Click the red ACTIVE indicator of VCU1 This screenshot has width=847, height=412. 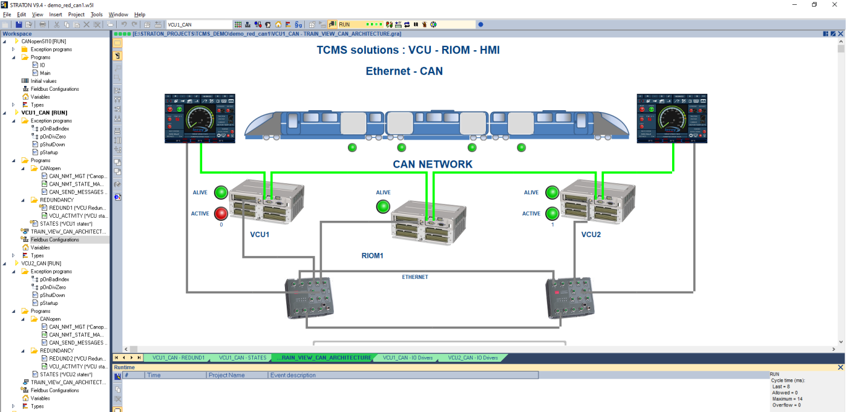(221, 213)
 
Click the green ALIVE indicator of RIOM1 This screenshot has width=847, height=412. (383, 206)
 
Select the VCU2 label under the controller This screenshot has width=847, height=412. (591, 234)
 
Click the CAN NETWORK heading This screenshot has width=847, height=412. (433, 164)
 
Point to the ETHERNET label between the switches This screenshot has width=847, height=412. (415, 277)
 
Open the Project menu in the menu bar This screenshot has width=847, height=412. (76, 15)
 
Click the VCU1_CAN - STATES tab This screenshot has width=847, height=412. (242, 358)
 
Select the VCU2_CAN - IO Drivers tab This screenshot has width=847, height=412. (473, 358)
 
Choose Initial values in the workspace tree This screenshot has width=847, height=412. (44, 81)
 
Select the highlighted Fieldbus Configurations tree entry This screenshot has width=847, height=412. (55, 240)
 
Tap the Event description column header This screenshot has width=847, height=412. (293, 375)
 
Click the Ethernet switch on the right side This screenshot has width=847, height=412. (570, 297)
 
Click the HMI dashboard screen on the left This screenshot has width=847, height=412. (200, 119)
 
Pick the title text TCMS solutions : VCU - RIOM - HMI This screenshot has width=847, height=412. (408, 50)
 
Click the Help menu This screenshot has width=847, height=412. (140, 15)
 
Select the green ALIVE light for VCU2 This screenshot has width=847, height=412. (552, 192)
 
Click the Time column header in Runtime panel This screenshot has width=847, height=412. (154, 375)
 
